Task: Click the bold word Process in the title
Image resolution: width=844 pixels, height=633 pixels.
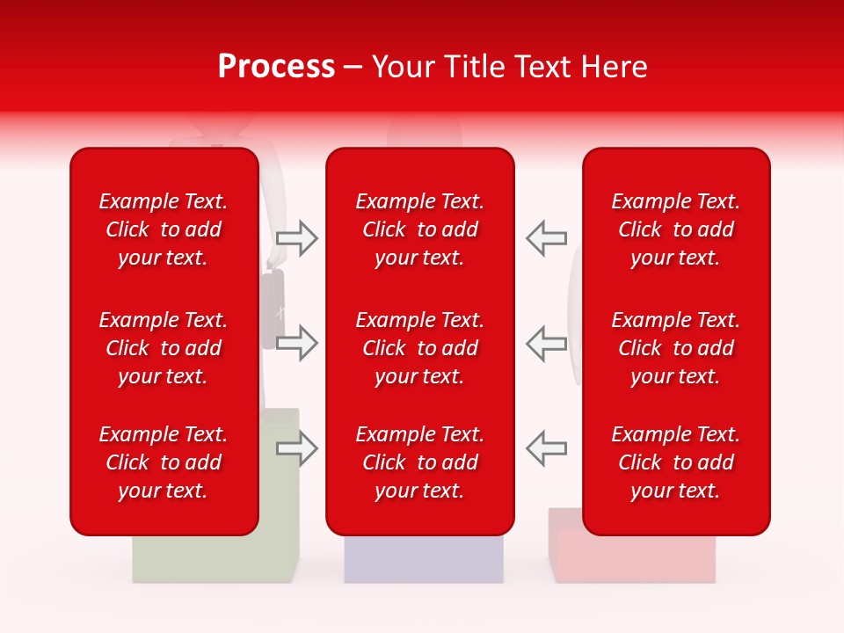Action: click(276, 67)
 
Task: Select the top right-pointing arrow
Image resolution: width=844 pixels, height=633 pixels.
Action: click(296, 238)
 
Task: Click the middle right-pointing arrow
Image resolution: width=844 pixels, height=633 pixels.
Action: click(296, 343)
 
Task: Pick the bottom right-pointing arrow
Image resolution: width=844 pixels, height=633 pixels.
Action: click(296, 448)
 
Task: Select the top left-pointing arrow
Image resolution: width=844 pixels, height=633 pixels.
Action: click(546, 238)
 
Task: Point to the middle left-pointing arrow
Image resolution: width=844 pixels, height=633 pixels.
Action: click(546, 343)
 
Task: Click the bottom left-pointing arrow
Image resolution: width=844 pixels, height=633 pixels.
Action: click(546, 448)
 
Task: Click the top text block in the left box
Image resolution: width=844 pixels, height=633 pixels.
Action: click(164, 229)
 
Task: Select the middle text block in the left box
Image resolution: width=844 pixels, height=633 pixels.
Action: click(164, 348)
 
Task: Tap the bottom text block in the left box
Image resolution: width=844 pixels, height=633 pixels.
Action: click(164, 462)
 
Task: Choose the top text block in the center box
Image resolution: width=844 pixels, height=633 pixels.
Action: click(419, 229)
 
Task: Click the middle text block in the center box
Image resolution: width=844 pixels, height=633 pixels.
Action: click(419, 348)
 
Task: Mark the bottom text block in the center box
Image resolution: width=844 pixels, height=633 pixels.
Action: click(419, 462)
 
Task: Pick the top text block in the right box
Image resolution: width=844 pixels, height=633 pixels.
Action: click(675, 229)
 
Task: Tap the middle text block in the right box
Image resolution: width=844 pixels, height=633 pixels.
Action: click(675, 348)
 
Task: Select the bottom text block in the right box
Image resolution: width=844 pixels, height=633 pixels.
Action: click(675, 462)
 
